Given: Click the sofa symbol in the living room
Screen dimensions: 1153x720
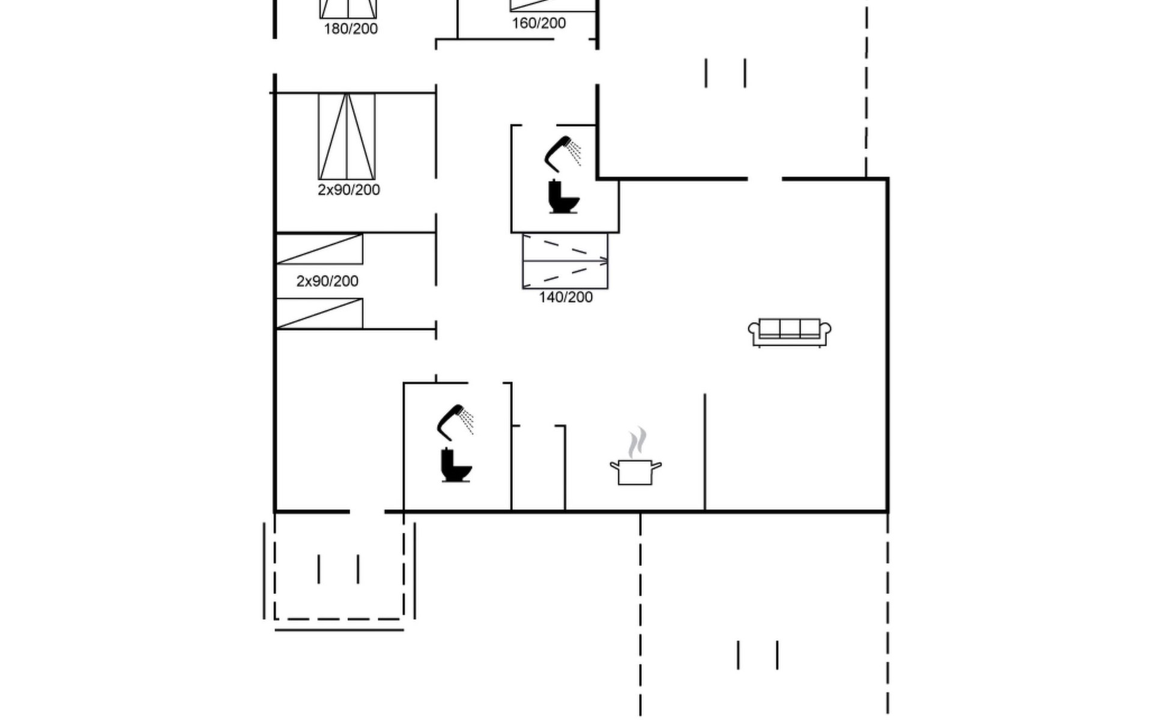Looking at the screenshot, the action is pyautogui.click(x=790, y=332).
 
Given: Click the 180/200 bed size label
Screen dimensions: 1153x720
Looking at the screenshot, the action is pyautogui.click(x=351, y=29).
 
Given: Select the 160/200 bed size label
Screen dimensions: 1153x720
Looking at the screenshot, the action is pyautogui.click(x=539, y=23).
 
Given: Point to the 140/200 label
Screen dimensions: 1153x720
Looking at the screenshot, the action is pyautogui.click(x=566, y=297).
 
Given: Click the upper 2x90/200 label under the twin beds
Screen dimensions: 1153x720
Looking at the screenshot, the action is pyautogui.click(x=349, y=190).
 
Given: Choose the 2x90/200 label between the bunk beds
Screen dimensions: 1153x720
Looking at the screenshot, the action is pyautogui.click(x=327, y=281).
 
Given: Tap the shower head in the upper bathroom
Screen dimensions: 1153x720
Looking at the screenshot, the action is pyautogui.click(x=563, y=153).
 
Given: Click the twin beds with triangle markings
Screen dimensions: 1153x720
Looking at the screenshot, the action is pyautogui.click(x=347, y=136).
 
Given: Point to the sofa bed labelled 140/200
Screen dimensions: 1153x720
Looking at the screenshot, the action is pyautogui.click(x=565, y=261).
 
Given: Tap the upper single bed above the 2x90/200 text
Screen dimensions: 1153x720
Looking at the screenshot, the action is pyautogui.click(x=319, y=249).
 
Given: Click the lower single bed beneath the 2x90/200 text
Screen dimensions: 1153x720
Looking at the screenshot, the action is pyautogui.click(x=319, y=314).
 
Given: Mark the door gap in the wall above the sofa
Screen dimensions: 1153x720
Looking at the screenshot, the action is pyautogui.click(x=764, y=179).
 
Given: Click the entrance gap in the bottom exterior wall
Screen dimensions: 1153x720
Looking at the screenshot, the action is pyautogui.click(x=367, y=512).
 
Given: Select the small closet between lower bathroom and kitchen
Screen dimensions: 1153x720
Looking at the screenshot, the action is pyautogui.click(x=538, y=468).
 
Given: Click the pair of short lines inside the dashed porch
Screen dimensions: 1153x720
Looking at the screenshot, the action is pyautogui.click(x=339, y=569).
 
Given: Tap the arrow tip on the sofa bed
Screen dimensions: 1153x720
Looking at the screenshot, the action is pyautogui.click(x=607, y=261).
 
